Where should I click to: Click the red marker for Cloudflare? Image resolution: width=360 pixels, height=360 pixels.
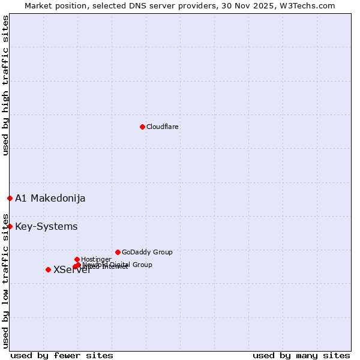click(x=142, y=127)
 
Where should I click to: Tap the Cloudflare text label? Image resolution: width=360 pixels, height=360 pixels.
click(x=162, y=127)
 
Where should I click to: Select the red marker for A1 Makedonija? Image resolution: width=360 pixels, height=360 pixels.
click(x=10, y=198)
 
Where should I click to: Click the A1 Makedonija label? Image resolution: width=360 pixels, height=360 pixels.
click(x=50, y=198)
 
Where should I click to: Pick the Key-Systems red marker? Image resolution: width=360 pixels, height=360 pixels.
click(x=10, y=226)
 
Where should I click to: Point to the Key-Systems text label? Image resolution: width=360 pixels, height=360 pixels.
click(x=46, y=226)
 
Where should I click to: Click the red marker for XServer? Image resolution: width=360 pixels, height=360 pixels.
click(x=48, y=269)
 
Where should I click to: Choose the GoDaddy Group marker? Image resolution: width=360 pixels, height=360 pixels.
click(x=118, y=252)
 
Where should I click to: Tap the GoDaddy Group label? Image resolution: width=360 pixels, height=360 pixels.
click(x=147, y=252)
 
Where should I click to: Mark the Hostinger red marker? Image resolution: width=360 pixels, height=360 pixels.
click(x=77, y=259)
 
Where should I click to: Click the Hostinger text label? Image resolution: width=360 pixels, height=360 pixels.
click(x=96, y=259)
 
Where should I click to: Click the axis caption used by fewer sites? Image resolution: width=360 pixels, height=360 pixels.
click(x=62, y=355)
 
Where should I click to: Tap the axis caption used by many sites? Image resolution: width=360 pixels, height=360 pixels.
click(x=301, y=355)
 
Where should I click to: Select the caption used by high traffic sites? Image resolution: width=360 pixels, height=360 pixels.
click(x=5, y=85)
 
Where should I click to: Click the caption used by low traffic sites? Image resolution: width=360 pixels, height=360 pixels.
click(x=5, y=280)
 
